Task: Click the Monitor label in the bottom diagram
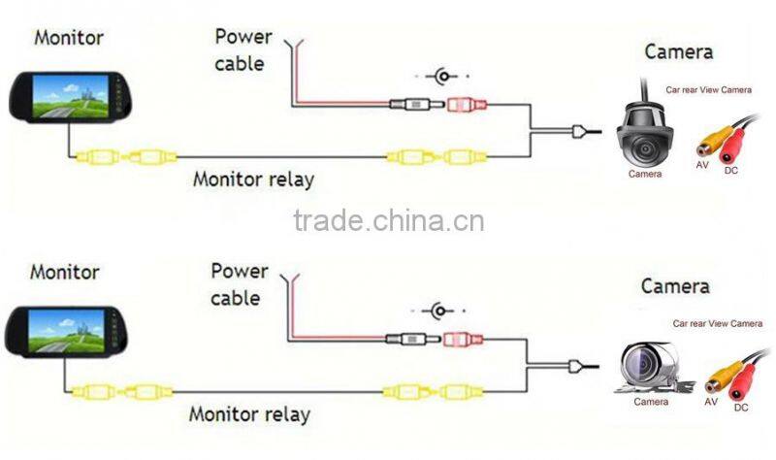pos(64,271)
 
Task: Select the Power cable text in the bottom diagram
pos(240,283)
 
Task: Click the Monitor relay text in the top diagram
pos(253,179)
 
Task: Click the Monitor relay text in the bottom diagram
pos(249,413)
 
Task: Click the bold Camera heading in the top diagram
pos(679,51)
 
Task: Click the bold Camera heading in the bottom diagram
pos(675,286)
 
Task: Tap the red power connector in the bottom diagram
pos(461,340)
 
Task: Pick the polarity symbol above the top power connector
pos(443,76)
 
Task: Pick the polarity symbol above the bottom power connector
pos(439,312)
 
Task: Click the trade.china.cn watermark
pos(388,220)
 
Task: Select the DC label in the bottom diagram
pos(741,408)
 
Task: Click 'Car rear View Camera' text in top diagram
pos(708,88)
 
